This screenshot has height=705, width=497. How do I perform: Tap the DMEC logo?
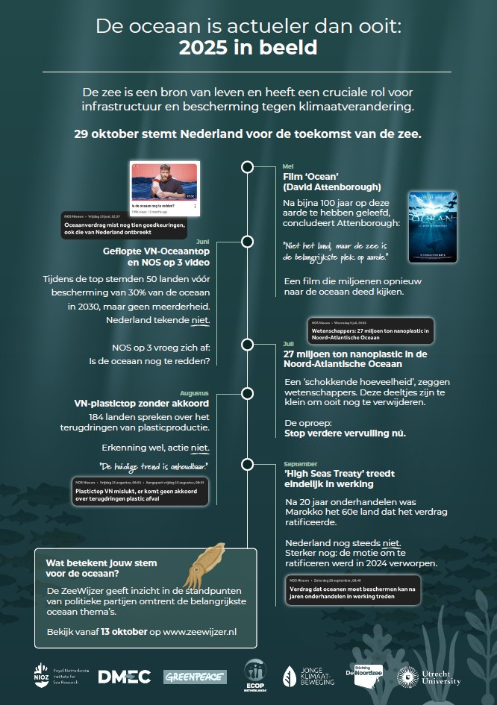tap(124, 676)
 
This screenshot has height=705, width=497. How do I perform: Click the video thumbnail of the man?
tap(163, 183)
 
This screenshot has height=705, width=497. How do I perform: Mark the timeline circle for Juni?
tap(246, 241)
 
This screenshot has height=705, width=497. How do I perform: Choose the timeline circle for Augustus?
tap(246, 392)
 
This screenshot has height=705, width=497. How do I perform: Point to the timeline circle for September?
tap(246, 464)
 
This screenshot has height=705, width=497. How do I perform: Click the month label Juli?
tap(290, 344)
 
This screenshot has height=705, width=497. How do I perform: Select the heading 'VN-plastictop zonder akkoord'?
tap(141, 404)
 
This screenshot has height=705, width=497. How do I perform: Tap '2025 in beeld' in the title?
tap(248, 48)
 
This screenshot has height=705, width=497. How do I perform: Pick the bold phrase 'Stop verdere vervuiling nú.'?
tap(345, 433)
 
